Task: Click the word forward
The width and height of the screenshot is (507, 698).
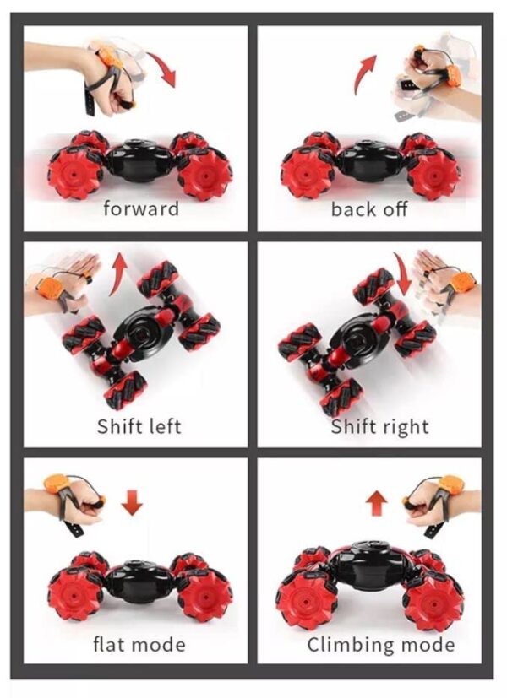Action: tap(141, 208)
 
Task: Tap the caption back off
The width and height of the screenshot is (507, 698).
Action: tap(369, 209)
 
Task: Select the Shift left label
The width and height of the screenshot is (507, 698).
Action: tap(139, 426)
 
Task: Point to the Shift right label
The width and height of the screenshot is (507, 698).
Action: tap(379, 426)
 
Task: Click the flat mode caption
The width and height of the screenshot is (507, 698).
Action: tap(139, 644)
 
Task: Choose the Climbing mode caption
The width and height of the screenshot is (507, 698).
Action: tap(381, 645)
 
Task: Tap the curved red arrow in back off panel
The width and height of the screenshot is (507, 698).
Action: tap(364, 73)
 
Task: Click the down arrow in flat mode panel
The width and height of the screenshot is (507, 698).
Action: tap(132, 502)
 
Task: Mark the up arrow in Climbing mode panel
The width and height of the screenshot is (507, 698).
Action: tap(377, 503)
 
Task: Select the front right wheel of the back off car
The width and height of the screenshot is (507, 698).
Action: tap(431, 174)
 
